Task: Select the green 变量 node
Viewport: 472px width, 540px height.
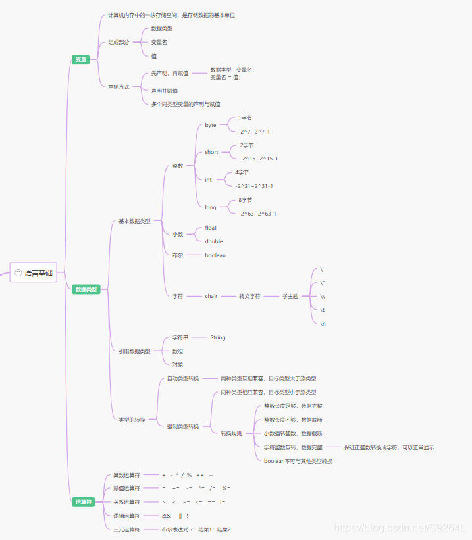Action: [x=80, y=60]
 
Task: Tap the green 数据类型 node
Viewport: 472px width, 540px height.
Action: [x=86, y=289]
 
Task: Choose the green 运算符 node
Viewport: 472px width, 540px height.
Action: [x=84, y=502]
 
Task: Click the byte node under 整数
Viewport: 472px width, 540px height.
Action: [x=211, y=125]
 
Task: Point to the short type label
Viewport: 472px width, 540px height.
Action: [x=211, y=152]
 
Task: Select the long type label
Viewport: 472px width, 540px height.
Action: [x=211, y=207]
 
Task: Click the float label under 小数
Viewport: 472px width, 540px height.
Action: [x=211, y=228]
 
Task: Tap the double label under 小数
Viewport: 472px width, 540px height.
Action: [x=214, y=241]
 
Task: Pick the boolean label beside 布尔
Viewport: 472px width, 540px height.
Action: [x=215, y=255]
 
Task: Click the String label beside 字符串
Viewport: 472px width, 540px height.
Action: [x=218, y=337]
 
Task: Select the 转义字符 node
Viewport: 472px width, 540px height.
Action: [x=250, y=297]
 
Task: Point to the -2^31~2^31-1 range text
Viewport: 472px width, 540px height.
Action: [x=254, y=186]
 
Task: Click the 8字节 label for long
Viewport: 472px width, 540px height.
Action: [x=246, y=200]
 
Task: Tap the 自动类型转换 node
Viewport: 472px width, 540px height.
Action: [x=183, y=378]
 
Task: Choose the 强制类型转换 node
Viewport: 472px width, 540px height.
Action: [x=183, y=426]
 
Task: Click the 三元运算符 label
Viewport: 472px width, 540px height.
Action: [x=126, y=529]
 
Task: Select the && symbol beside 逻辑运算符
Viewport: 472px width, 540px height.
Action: [x=167, y=516]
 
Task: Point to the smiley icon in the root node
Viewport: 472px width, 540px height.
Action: [x=18, y=272]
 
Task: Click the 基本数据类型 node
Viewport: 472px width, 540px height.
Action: [x=134, y=221]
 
